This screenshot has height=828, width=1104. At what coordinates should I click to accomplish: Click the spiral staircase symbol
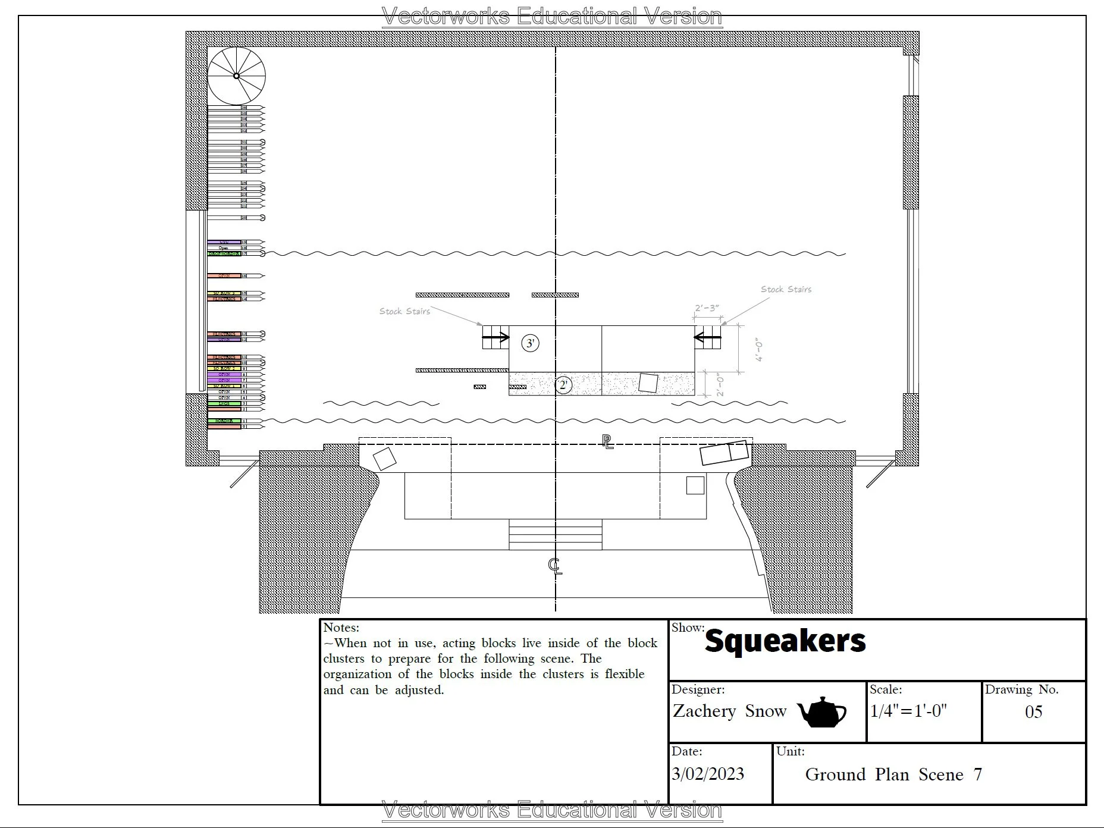click(x=236, y=76)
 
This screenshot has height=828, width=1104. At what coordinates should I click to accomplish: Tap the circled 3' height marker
click(x=530, y=343)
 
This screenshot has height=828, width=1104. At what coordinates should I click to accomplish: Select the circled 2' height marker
click(x=563, y=385)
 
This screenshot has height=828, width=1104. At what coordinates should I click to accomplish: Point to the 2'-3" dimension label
click(x=707, y=308)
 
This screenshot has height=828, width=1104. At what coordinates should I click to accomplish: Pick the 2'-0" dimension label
click(x=720, y=385)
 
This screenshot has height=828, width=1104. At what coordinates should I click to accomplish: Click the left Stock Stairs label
click(x=404, y=311)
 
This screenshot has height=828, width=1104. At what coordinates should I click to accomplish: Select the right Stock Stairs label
click(x=786, y=290)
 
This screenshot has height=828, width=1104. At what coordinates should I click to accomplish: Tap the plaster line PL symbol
click(x=607, y=442)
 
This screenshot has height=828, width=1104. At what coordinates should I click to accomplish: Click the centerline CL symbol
click(x=554, y=566)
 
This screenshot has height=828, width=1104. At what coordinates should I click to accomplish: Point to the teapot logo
click(x=821, y=712)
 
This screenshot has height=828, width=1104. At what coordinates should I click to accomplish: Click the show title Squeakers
click(x=785, y=641)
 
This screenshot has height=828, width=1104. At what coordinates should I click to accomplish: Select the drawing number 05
click(x=1033, y=712)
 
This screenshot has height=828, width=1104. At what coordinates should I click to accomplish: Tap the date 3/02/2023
click(x=708, y=774)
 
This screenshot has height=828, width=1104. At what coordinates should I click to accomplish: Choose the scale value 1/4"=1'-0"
click(x=908, y=711)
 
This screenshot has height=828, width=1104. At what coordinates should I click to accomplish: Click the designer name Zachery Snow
click(x=729, y=711)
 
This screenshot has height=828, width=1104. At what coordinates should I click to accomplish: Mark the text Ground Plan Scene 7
click(x=893, y=774)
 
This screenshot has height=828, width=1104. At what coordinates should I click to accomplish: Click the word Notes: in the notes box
click(x=341, y=628)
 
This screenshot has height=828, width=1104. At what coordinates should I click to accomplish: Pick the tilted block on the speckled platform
click(x=648, y=382)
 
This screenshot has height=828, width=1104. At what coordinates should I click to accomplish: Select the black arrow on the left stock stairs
click(x=495, y=338)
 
